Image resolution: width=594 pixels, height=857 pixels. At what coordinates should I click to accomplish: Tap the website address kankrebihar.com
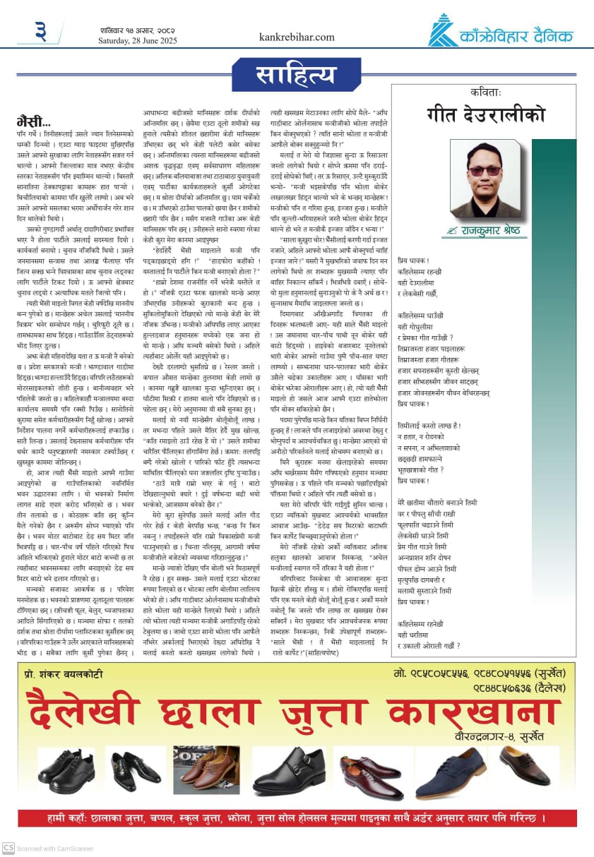click(297, 37)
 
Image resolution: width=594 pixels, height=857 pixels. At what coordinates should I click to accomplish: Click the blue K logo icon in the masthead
click(443, 30)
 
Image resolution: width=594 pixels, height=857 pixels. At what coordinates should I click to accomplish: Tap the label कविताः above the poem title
click(485, 92)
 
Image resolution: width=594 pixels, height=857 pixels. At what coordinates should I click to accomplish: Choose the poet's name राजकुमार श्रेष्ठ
click(494, 229)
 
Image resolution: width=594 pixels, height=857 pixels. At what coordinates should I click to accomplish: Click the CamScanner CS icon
click(8, 847)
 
